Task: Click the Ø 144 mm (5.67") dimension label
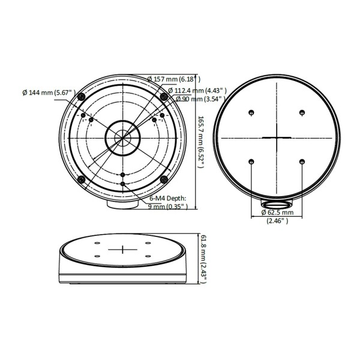coord(47,93)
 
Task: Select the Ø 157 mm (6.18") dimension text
coord(174,79)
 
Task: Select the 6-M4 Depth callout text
coord(168,198)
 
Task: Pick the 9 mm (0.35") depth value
coord(169,206)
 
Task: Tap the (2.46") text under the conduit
coord(277,221)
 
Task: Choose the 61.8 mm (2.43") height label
coord(204,258)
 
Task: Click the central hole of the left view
coord(122,137)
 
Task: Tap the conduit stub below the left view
coord(122,205)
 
